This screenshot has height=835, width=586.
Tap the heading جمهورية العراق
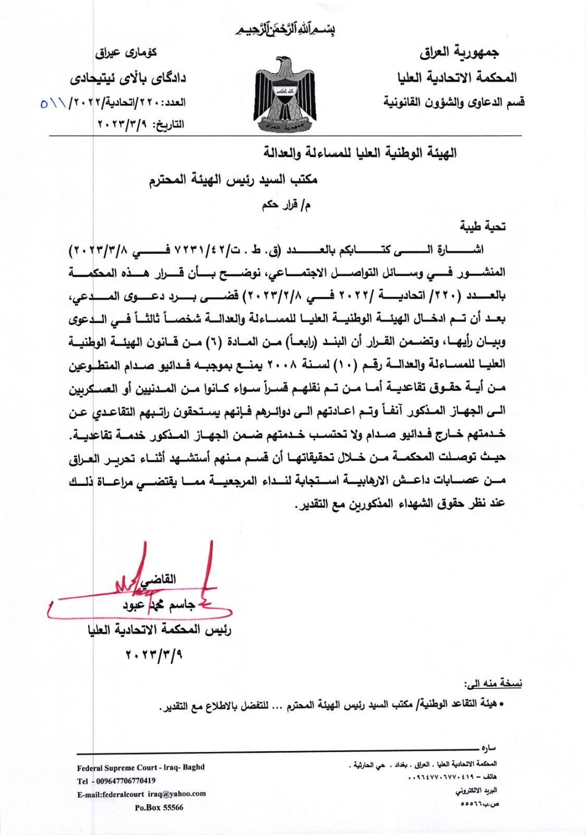(x=459, y=52)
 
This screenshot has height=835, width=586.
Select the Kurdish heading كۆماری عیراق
(x=126, y=53)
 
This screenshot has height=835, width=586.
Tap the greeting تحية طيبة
(x=482, y=226)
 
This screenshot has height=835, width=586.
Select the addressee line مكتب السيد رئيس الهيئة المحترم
(x=233, y=180)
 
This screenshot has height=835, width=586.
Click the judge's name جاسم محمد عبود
(x=159, y=605)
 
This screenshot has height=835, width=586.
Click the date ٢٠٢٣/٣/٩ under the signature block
(x=154, y=654)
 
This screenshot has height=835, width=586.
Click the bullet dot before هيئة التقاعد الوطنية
(x=501, y=706)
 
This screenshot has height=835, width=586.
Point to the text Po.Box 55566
(x=159, y=807)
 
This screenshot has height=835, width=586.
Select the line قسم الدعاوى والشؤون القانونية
(x=453, y=102)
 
